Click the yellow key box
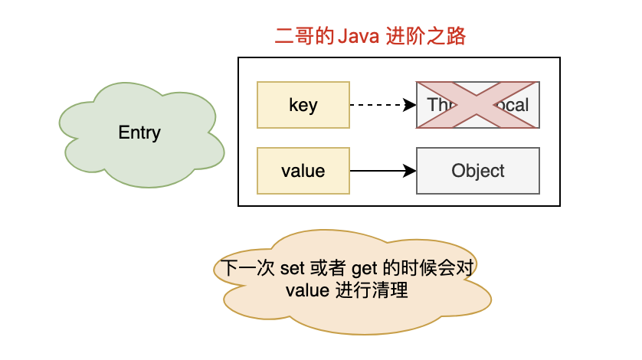coord(303,105)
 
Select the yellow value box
coord(303,171)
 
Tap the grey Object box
coord(478,171)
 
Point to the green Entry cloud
coord(139,133)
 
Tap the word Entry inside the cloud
coord(139,133)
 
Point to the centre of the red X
coord(478,104)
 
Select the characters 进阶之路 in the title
coord(428,37)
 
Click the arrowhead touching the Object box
coord(410,171)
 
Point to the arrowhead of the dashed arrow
coord(410,105)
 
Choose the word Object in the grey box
coord(478,171)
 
